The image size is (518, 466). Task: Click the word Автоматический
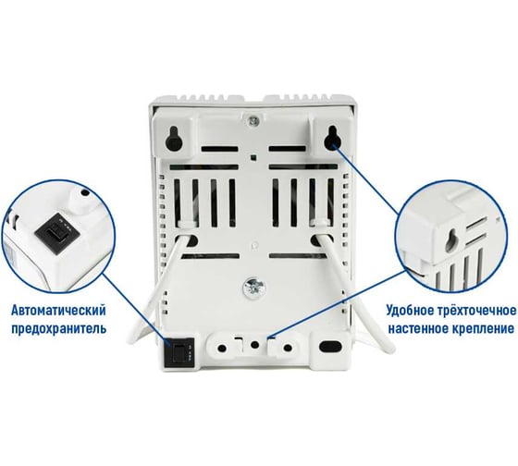point(59,311)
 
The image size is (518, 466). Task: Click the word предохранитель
point(59,329)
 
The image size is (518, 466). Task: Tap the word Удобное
point(411,311)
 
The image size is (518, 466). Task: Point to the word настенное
point(417,328)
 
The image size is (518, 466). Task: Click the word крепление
point(482,329)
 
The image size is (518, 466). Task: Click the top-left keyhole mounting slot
point(174,139)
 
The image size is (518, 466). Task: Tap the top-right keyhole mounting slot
point(332,138)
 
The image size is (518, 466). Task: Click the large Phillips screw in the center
point(253,286)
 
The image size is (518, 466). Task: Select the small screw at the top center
point(253,121)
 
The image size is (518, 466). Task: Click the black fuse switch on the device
point(179,352)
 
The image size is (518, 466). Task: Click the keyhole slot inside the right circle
point(450,241)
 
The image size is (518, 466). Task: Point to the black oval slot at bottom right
point(331,346)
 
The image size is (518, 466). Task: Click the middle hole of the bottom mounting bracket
point(254,345)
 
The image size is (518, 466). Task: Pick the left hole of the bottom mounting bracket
point(222,348)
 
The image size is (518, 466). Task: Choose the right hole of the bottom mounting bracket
point(288,348)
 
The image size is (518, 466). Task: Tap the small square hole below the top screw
point(253,157)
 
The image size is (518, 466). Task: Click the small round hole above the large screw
point(253,245)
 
